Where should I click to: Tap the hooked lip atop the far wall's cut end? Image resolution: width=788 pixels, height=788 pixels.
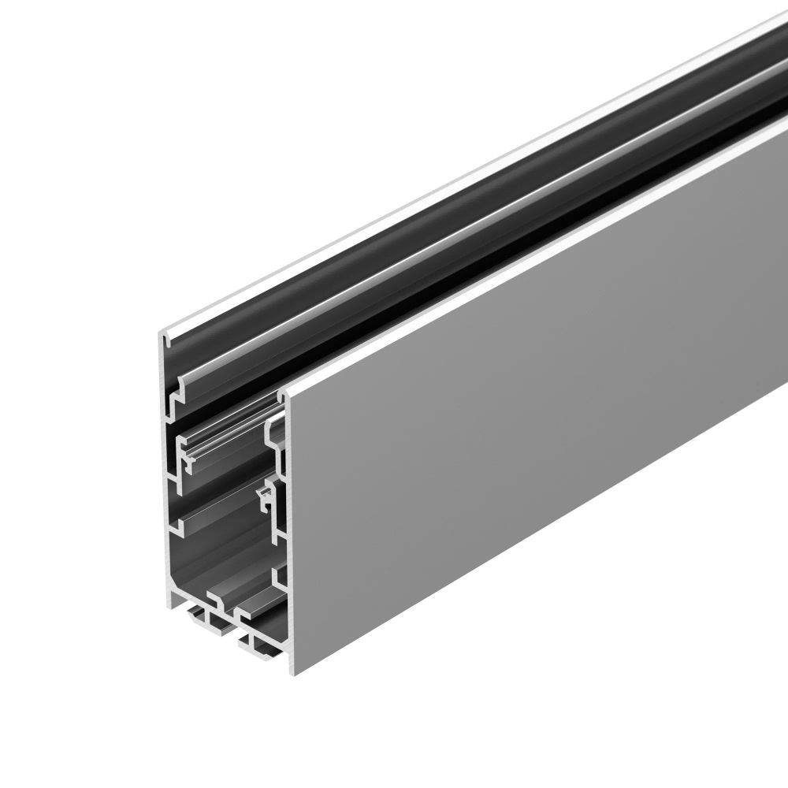(x=167, y=337)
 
